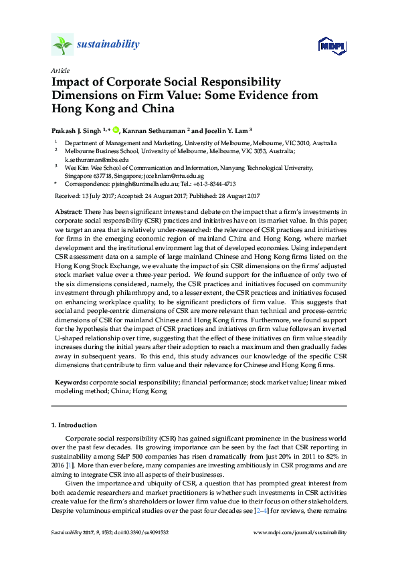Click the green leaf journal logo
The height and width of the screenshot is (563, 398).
click(x=62, y=45)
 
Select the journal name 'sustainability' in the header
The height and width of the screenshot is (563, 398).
click(x=108, y=45)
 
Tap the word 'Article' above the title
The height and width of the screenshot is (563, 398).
click(x=60, y=70)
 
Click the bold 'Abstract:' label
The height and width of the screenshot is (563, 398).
click(x=68, y=211)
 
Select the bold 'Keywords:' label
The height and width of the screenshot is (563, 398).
click(x=70, y=382)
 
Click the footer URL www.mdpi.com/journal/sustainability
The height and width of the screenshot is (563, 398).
click(x=301, y=533)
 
